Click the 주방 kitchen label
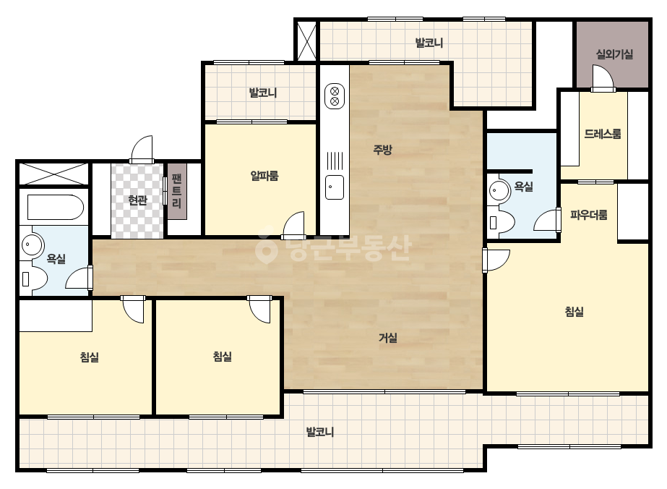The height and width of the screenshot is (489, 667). [x=382, y=150]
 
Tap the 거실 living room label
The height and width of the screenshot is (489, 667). [x=388, y=338]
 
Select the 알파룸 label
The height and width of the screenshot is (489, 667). [x=264, y=176]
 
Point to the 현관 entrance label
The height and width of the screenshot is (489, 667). [x=137, y=200]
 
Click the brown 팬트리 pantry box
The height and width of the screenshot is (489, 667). [x=177, y=191]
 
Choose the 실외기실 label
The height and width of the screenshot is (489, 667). [x=614, y=54]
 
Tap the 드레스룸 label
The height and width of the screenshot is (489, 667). [x=603, y=134]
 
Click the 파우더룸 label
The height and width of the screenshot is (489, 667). [x=589, y=215]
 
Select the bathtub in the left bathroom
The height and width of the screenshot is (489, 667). [x=56, y=208]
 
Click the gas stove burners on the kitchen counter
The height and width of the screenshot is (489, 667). [x=335, y=96]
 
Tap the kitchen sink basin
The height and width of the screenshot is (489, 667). [x=335, y=187]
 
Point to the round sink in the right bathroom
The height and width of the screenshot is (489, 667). [x=499, y=190]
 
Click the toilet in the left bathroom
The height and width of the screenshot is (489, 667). [x=34, y=278]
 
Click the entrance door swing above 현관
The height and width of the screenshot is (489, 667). [x=142, y=149]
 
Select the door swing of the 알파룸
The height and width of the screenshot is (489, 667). [x=293, y=225]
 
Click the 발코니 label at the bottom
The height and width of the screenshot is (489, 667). [x=320, y=432]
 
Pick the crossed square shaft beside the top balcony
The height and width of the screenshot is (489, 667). [x=306, y=42]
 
